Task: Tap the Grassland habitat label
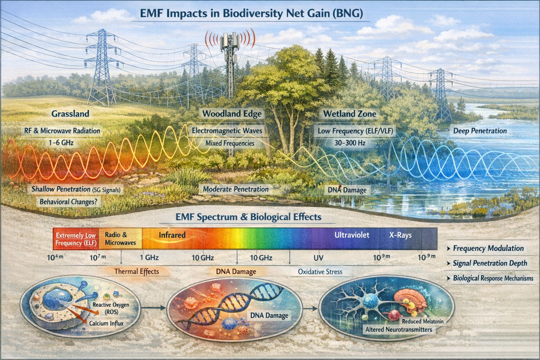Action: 70,114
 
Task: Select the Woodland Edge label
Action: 232,114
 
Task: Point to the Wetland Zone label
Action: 349,114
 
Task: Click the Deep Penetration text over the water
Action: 480,131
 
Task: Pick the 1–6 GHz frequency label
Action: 61,143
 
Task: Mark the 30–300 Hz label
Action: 350,143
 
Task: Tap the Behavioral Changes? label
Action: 69,202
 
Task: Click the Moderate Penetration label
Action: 236,189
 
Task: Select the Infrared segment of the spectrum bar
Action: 172,235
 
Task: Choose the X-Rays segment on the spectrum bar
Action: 400,235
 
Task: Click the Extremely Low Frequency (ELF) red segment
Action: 76,239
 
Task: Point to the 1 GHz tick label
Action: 149,258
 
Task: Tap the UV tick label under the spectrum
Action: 318,258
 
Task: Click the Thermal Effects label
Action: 136,271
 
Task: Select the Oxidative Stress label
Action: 320,272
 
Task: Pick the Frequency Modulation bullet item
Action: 488,248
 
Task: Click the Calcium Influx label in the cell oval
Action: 106,323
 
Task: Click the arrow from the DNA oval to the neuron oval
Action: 310,309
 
